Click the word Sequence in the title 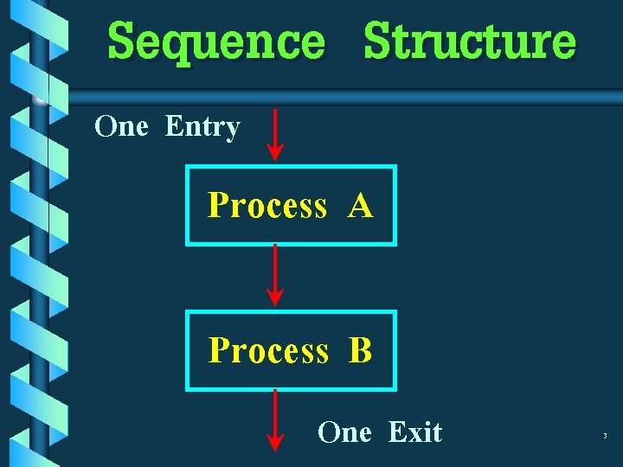click(216, 42)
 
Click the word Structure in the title click(470, 42)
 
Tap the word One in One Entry click(122, 127)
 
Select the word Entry click(202, 128)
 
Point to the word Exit click(415, 432)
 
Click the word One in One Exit click(344, 432)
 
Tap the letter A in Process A click(361, 207)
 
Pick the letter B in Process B click(361, 351)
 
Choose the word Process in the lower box click(268, 351)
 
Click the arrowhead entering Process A click(274, 152)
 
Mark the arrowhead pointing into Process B click(274, 297)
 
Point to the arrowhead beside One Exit click(274, 442)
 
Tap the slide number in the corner click(606, 436)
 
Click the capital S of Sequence click(124, 41)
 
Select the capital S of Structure click(378, 41)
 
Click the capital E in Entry click(173, 127)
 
